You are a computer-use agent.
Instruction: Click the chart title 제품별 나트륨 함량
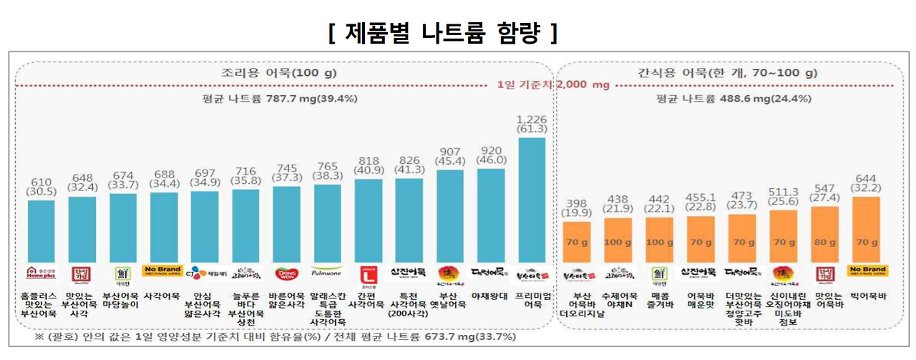click(443, 33)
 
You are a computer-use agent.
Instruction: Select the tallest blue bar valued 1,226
click(531, 200)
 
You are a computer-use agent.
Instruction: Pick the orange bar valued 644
click(867, 229)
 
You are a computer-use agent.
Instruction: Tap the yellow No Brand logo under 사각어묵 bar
click(164, 273)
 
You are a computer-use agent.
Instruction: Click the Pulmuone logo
click(327, 273)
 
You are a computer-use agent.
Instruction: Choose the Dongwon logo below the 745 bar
click(286, 273)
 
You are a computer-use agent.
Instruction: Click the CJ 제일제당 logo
click(205, 273)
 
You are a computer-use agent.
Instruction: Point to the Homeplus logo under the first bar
click(41, 273)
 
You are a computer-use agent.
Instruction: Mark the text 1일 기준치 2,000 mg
click(554, 84)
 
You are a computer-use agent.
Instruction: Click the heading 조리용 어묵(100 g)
click(279, 72)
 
